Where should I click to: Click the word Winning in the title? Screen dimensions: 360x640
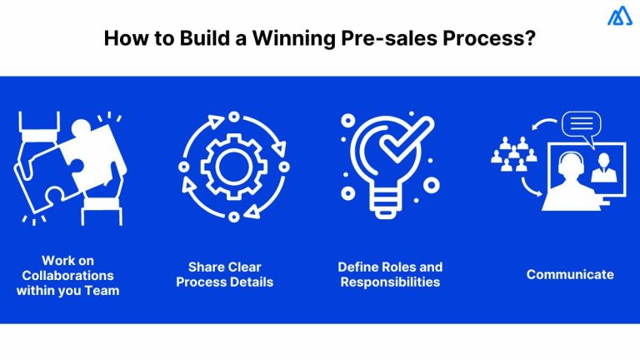282,38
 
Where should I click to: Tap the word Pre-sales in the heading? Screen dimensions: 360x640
385,38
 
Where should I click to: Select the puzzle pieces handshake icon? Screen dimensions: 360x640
69,167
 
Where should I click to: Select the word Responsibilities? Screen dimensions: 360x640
390,282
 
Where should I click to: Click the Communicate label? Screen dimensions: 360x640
570,275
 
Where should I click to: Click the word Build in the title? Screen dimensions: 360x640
193,38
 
